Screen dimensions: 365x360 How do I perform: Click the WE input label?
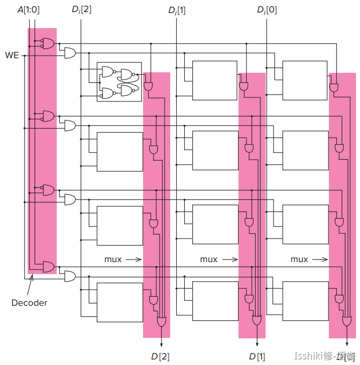(12, 54)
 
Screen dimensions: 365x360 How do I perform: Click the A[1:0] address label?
(28, 10)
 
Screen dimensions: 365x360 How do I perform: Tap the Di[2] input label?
(82, 10)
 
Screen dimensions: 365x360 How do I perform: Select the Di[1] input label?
(177, 10)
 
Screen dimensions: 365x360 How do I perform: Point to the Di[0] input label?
(267, 10)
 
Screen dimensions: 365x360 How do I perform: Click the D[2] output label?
(161, 356)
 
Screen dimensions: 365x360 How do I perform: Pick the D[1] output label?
(257, 356)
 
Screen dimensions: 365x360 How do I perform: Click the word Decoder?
(30, 303)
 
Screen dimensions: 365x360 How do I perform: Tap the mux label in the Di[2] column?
(113, 259)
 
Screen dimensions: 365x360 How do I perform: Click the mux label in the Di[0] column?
(299, 259)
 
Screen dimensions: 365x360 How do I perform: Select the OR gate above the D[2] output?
(161, 321)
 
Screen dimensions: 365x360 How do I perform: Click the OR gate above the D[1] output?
(257, 319)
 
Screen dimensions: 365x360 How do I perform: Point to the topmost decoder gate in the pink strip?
(49, 43)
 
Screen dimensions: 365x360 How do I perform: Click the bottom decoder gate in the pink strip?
(49, 266)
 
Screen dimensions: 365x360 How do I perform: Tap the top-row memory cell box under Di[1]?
(214, 80)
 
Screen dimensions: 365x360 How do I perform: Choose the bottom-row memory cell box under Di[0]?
(305, 301)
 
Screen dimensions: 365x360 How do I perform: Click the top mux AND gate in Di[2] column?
(149, 86)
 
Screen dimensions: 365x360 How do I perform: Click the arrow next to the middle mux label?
(229, 260)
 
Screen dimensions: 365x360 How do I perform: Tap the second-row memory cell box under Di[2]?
(119, 151)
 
